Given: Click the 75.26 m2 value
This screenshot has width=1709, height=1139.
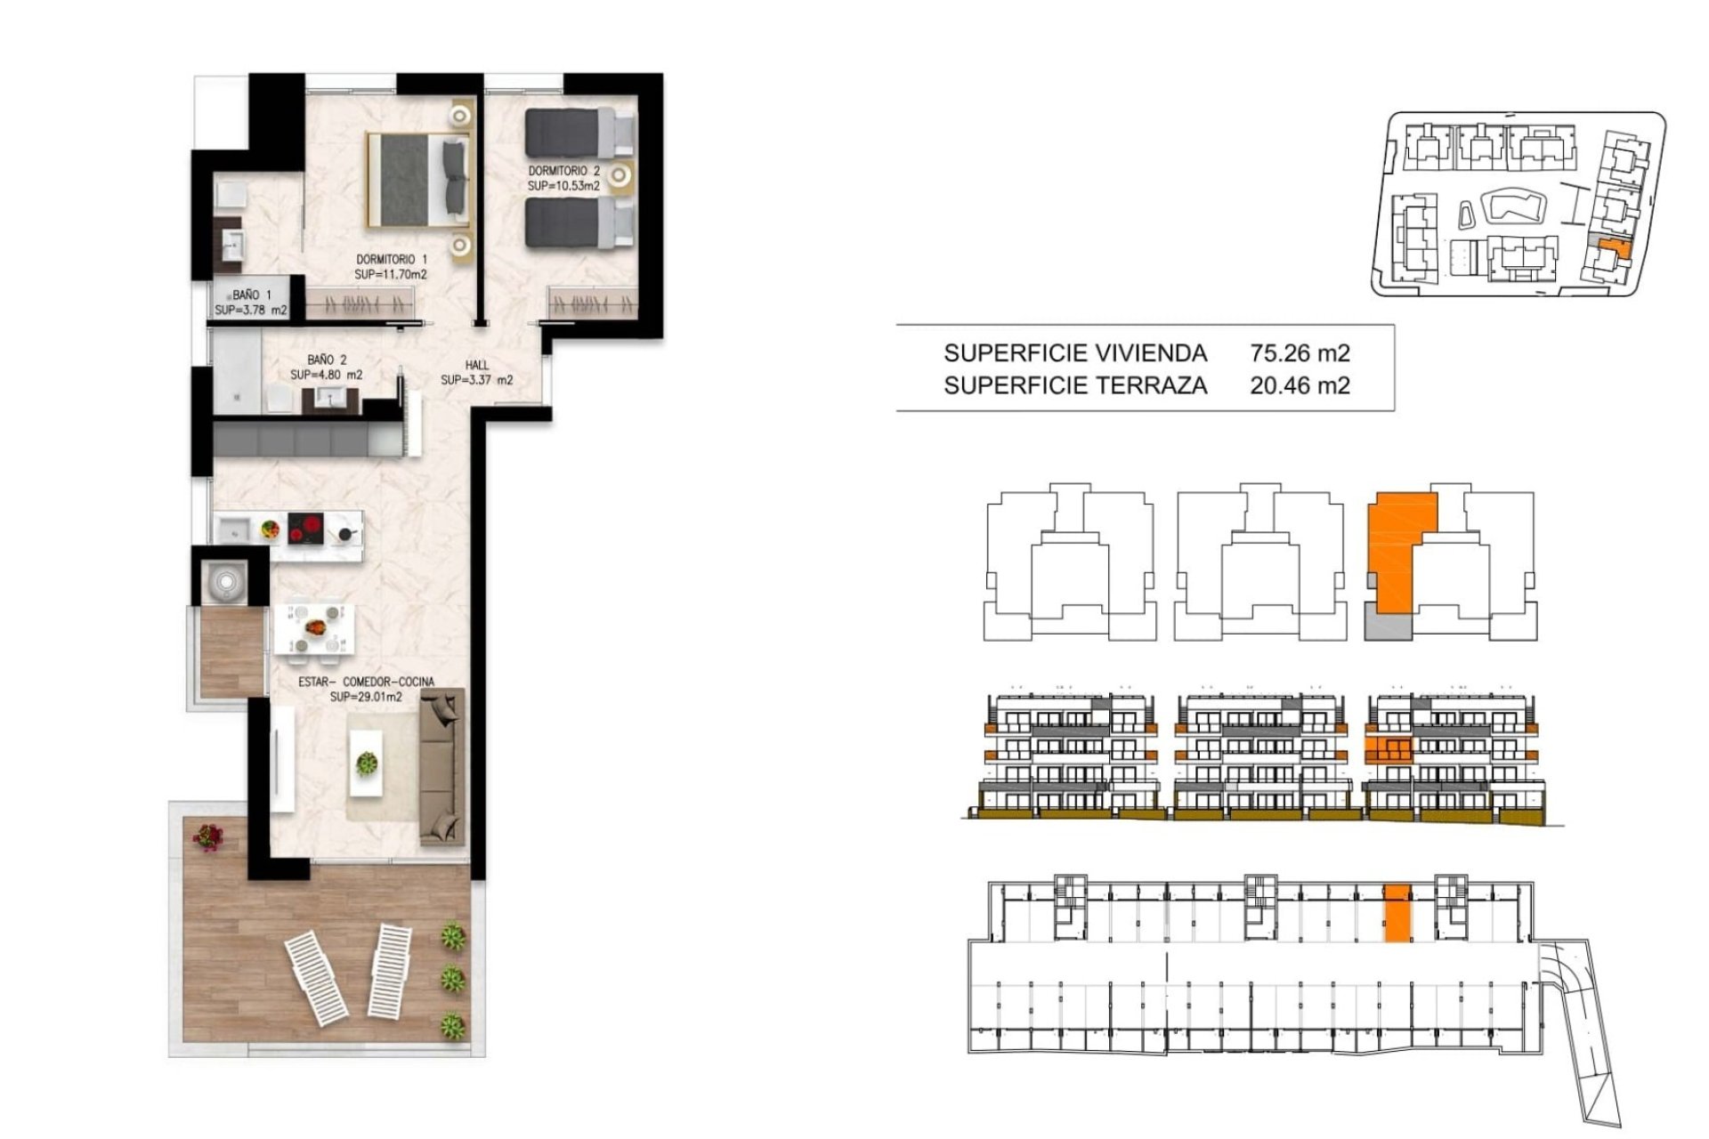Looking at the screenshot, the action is click(1300, 353).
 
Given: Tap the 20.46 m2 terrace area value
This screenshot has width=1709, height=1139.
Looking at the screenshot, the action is click(1300, 385).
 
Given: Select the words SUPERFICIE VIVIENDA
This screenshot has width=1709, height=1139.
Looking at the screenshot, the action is click(1075, 353).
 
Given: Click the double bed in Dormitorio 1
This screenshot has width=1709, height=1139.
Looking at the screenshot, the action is click(417, 180).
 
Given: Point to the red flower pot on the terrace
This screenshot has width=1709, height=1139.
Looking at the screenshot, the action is click(208, 837).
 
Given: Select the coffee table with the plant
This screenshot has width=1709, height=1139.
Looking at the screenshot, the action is click(365, 763).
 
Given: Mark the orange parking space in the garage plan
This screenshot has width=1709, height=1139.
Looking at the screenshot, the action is click(1397, 912).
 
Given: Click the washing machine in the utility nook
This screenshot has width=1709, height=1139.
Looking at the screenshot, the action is click(225, 582).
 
